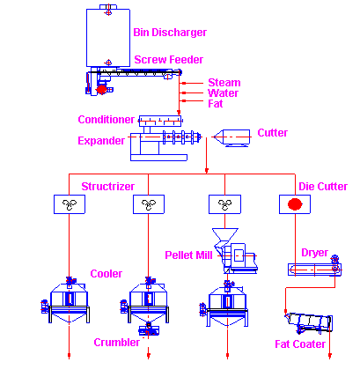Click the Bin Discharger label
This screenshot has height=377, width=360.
pyautogui.click(x=170, y=33)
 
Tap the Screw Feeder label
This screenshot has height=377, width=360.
pyautogui.click(x=168, y=60)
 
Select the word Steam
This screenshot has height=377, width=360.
pyautogui.click(x=224, y=83)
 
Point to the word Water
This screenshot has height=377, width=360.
pyautogui.click(x=223, y=93)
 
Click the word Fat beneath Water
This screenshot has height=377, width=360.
pyautogui.click(x=216, y=104)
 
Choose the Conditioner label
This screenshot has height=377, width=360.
pyautogui.click(x=106, y=120)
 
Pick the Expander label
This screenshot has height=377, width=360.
pyautogui.click(x=101, y=141)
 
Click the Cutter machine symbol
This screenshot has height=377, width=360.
pyautogui.click(x=232, y=137)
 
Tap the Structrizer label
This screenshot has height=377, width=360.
pyautogui.click(x=107, y=187)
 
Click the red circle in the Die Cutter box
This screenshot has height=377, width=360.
pyautogui.click(x=295, y=204)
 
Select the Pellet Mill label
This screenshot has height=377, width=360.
pyautogui.click(x=188, y=255)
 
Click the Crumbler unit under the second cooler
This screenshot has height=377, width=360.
pyautogui.click(x=149, y=330)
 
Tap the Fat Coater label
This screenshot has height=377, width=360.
pyautogui.click(x=300, y=344)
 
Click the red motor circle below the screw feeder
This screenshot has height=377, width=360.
pyautogui.click(x=101, y=89)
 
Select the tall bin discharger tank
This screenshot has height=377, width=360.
pyautogui.click(x=108, y=38)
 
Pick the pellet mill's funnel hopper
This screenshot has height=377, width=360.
pyautogui.click(x=225, y=234)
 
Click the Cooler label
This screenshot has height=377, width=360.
pyautogui.click(x=106, y=274)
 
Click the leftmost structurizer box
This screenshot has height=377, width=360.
pyautogui.click(x=70, y=204)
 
